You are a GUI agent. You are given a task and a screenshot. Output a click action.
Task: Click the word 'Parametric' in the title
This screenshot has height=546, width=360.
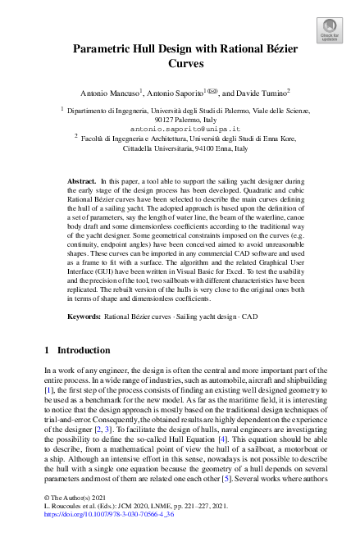point(105,49)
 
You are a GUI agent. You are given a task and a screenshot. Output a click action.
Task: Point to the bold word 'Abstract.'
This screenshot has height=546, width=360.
point(81,180)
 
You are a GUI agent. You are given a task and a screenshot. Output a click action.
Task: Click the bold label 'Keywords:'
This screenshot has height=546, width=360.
point(84,316)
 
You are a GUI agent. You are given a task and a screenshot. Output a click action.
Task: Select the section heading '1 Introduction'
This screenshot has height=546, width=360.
point(77,350)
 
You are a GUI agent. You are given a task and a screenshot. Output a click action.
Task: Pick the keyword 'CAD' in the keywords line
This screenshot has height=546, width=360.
point(257,316)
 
